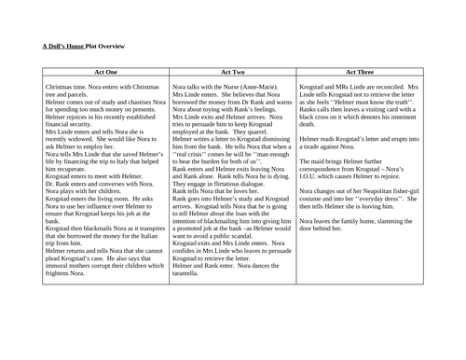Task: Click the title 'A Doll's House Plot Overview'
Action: [83, 45]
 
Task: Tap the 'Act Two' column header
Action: [231, 71]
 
